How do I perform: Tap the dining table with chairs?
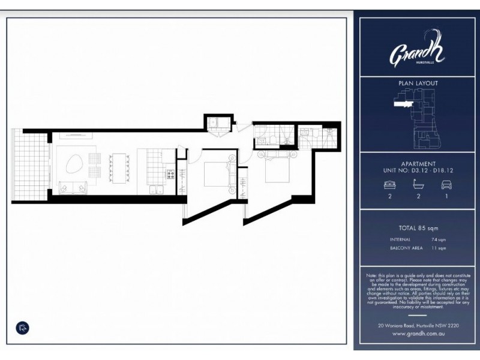pos(118,166)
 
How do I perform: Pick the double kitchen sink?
pos(155,191)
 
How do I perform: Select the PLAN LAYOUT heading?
pos(418,83)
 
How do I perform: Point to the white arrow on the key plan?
pos(398,103)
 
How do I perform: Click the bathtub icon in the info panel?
pos(418,185)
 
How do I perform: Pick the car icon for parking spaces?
pos(446,185)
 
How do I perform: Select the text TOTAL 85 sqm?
pos(418,228)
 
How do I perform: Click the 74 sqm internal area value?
pos(443,239)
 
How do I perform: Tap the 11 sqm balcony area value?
pos(443,248)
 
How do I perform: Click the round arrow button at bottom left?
pos(22,328)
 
